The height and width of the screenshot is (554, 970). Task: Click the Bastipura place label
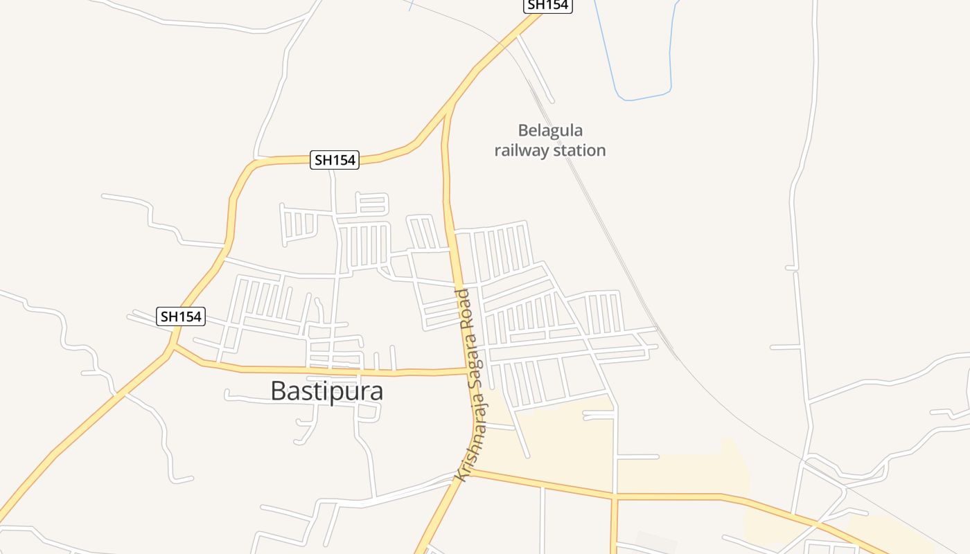326,391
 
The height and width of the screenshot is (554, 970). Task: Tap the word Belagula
551,131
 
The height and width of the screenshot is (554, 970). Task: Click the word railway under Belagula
520,150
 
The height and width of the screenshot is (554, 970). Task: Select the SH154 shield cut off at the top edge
547,6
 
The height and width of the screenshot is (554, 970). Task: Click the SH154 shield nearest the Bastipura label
181,316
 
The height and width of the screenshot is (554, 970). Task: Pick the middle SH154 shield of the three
335,160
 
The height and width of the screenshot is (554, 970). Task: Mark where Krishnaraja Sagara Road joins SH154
452,105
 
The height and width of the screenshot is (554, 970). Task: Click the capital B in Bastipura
278,391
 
